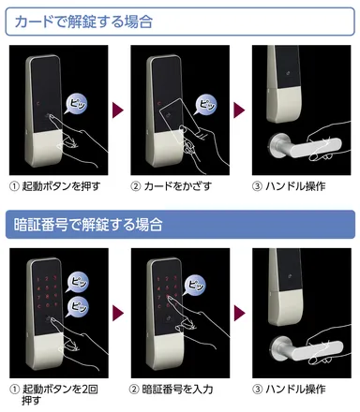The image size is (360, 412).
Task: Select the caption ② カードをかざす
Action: coord(173,185)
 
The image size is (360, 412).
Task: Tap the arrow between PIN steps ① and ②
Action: coord(117,310)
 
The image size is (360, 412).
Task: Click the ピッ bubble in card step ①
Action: coord(76,101)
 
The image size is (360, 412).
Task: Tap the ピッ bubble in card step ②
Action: coord(200,100)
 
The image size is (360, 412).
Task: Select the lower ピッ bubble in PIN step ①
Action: coord(78,302)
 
